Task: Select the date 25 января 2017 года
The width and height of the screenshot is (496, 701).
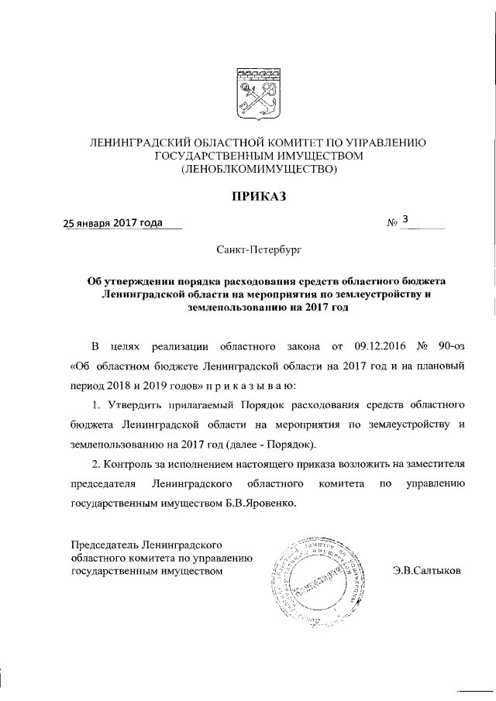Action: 113,224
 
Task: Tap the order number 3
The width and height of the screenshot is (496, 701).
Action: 405,222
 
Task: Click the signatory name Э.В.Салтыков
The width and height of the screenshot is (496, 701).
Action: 426,571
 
